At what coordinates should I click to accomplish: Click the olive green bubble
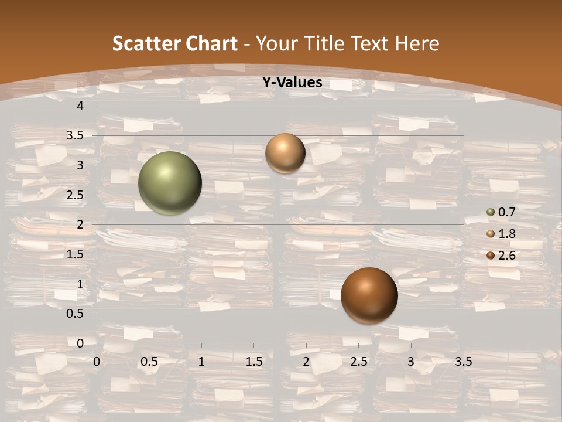coord(170,183)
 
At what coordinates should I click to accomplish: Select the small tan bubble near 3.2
coord(285,153)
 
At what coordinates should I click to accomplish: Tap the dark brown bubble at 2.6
coord(369,295)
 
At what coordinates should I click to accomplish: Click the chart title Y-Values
coord(292,83)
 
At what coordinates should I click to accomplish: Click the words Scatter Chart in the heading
coord(175,43)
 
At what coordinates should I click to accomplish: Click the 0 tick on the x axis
coord(97,362)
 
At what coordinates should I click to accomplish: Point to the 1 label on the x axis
coord(201,362)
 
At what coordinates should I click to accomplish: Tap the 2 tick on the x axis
coord(306,362)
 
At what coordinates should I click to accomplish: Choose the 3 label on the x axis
coord(411,362)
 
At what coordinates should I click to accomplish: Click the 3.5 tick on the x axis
coord(463,362)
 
